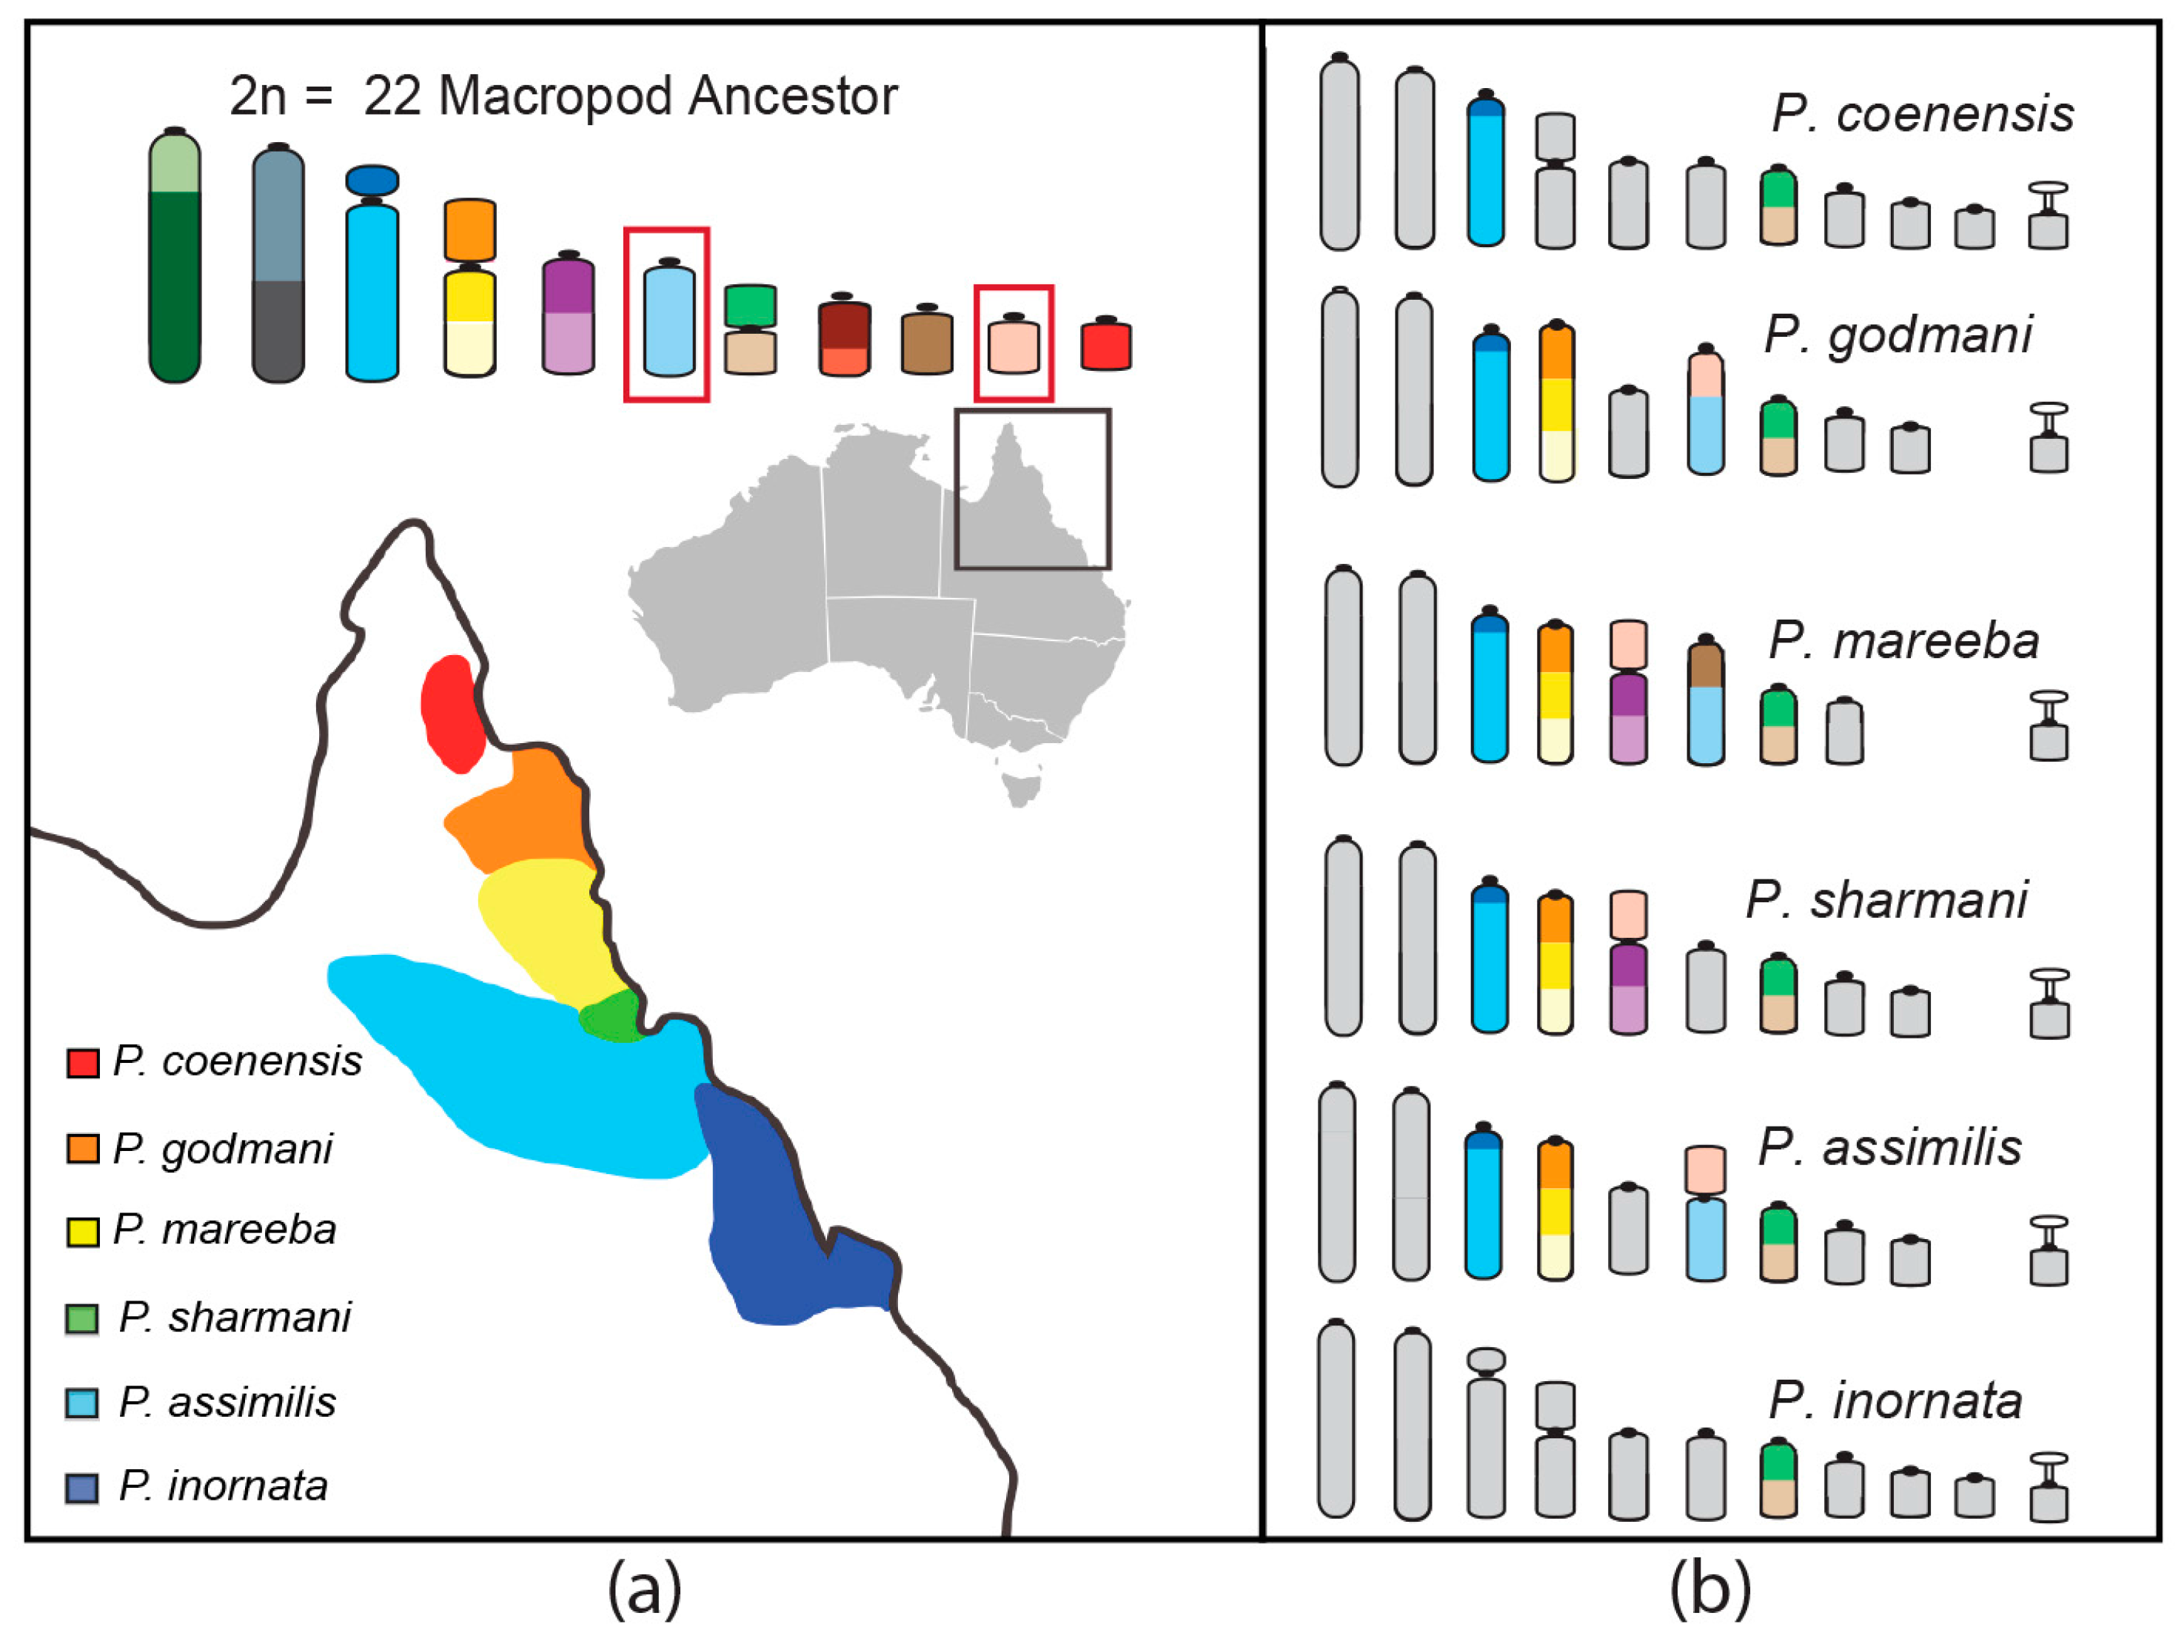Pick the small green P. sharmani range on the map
coord(609,1016)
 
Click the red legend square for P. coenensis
coord(82,1062)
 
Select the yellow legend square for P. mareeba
coord(82,1232)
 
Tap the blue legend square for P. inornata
coord(82,1488)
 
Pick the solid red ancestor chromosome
coord(1106,346)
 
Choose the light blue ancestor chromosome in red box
coord(669,321)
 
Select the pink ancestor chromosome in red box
coord(1013,346)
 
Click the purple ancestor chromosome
coord(569,316)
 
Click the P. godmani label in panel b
coord(1897,335)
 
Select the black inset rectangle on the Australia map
coord(1033,413)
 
